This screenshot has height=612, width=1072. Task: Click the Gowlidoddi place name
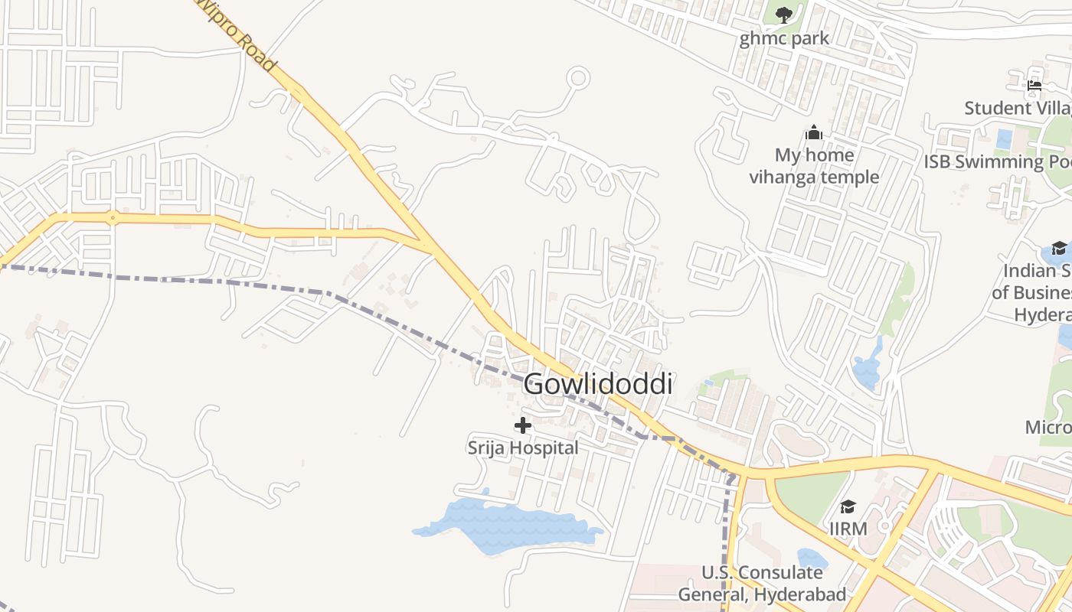pyautogui.click(x=598, y=384)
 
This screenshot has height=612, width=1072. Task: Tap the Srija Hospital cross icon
pyautogui.click(x=523, y=425)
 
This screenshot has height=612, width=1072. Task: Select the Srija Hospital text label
pyautogui.click(x=523, y=448)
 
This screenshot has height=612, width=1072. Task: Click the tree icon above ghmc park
pyautogui.click(x=783, y=15)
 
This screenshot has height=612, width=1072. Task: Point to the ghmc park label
pyautogui.click(x=784, y=38)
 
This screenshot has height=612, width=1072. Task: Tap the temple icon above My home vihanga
pyautogui.click(x=813, y=133)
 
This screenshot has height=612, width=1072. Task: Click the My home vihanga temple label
pyautogui.click(x=814, y=166)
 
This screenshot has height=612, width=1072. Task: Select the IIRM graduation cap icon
pyautogui.click(x=848, y=506)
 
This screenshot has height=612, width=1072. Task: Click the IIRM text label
pyautogui.click(x=848, y=529)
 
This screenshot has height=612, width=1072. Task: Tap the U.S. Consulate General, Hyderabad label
pyautogui.click(x=762, y=583)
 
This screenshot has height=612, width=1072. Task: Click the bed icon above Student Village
pyautogui.click(x=1034, y=86)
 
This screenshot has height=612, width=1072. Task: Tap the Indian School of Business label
pyautogui.click(x=1034, y=292)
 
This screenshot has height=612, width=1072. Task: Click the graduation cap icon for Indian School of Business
pyautogui.click(x=1059, y=248)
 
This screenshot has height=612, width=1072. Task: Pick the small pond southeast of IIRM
pyautogui.click(x=812, y=559)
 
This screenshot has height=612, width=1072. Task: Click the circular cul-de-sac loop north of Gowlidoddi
pyautogui.click(x=579, y=78)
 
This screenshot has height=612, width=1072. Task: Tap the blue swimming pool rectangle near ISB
pyautogui.click(x=1004, y=139)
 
